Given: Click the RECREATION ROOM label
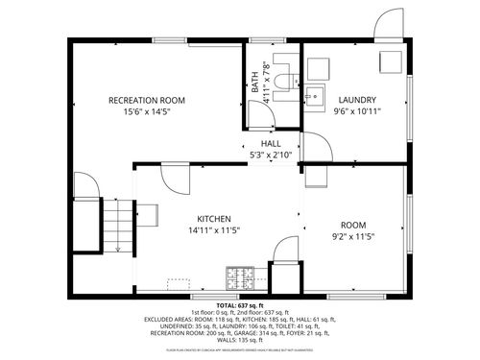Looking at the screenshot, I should pos(146,100).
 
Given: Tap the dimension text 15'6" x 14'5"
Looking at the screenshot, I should pos(146,112).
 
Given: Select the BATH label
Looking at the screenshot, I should pos(255,83).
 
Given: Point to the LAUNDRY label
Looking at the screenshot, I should pos(356,100).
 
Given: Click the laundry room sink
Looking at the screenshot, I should pos(318,96).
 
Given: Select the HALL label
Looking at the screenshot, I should pos(271,143).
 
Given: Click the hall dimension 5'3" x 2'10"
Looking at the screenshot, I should pos(271,155).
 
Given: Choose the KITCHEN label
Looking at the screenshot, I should pos(214,218).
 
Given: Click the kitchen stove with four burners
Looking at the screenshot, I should pos(239,278).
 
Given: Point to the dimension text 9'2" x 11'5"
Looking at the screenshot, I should pos(353,235).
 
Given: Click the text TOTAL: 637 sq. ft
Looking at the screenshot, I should pos(240,304).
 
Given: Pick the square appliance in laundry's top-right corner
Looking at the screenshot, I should pos(389,60).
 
